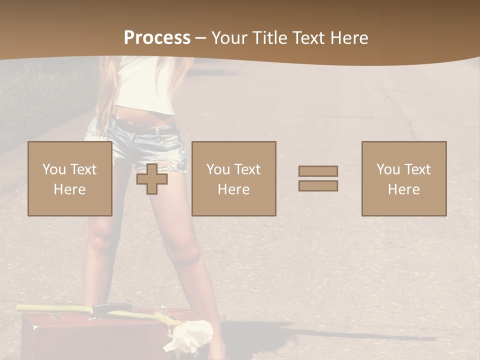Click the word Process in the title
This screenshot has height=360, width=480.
click(x=157, y=38)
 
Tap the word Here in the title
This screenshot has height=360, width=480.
click(x=349, y=38)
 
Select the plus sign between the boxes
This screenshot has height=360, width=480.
click(x=152, y=179)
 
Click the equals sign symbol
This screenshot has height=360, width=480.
click(x=318, y=178)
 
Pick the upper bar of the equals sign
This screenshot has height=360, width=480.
click(x=318, y=171)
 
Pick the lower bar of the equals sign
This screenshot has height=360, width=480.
click(x=318, y=185)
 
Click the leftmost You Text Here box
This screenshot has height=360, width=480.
click(x=70, y=178)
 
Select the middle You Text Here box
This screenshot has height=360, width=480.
click(x=233, y=178)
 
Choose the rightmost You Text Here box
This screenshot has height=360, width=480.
click(x=404, y=178)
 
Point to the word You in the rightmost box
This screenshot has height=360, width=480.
click(x=387, y=169)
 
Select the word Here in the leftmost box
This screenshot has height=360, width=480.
click(x=70, y=189)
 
